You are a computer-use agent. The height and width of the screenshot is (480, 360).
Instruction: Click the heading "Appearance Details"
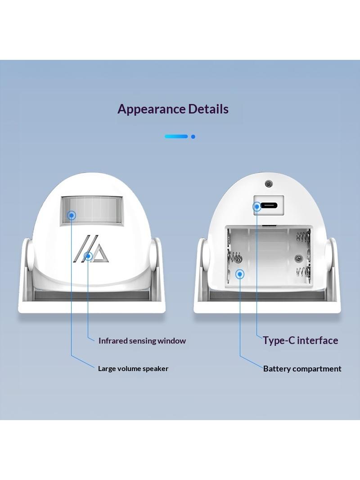click(173, 109)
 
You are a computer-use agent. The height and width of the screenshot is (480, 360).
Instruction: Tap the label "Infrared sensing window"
click(142, 341)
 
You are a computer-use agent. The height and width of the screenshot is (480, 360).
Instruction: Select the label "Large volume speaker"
click(133, 369)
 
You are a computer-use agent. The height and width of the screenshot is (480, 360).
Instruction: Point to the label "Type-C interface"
click(300, 340)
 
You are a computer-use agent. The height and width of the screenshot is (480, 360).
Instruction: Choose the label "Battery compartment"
click(302, 369)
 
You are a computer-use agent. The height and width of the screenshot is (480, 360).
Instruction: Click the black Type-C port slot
click(269, 205)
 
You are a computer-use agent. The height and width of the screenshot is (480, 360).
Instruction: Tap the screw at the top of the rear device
click(269, 184)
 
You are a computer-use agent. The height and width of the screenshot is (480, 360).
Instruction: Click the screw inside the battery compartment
click(298, 258)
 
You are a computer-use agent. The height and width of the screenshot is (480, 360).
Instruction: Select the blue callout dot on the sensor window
click(72, 216)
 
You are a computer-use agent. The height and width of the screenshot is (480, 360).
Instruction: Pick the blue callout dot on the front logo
click(88, 256)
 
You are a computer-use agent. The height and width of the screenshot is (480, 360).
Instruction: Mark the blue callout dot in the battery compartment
click(240, 274)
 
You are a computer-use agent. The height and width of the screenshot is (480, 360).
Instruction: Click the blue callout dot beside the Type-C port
click(257, 207)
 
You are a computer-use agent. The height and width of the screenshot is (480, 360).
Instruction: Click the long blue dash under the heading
click(176, 136)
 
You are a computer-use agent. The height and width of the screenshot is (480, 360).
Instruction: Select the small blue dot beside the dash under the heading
click(193, 136)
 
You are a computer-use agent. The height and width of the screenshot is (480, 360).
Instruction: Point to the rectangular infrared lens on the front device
click(92, 211)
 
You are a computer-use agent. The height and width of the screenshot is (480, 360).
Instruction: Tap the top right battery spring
click(303, 236)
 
